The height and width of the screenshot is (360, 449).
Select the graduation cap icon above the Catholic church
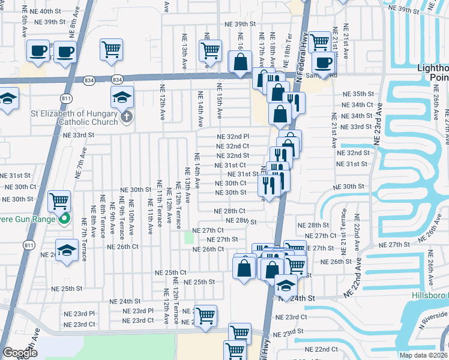[x=122, y=96]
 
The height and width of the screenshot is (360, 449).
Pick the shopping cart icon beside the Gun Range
[x=59, y=201]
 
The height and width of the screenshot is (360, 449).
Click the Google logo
[x=19, y=353]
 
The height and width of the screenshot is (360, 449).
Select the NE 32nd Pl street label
[x=233, y=136]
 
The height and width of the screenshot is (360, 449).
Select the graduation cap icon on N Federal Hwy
[x=286, y=285]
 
